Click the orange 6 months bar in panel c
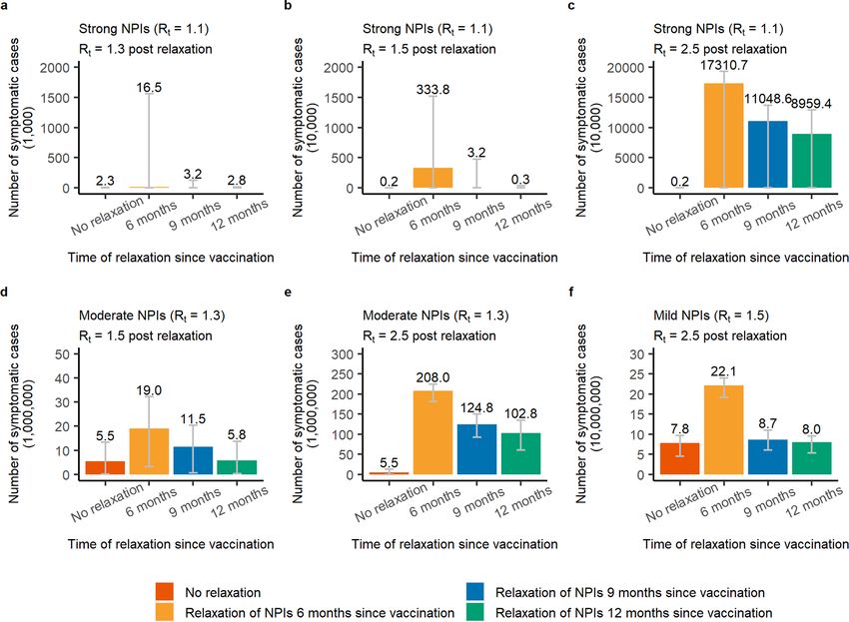[x=723, y=136]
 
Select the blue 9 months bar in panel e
[x=476, y=449]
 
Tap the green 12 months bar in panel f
[x=811, y=458]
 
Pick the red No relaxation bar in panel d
[x=105, y=467]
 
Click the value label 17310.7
[x=723, y=65]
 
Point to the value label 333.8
[x=432, y=89]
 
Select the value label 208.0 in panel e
[x=432, y=377]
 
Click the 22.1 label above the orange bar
[x=723, y=370]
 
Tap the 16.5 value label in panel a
[x=149, y=88]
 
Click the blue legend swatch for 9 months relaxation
[x=474, y=592]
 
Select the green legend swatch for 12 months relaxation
[x=474, y=612]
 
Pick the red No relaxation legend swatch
[x=165, y=592]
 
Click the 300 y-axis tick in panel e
[x=343, y=354]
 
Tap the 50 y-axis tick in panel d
[x=63, y=354]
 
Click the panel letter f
[x=571, y=292]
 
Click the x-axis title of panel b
[x=454, y=258]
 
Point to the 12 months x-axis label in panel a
[x=240, y=214]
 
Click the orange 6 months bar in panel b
[x=432, y=178]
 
